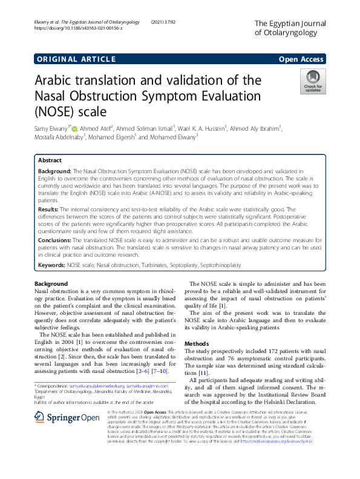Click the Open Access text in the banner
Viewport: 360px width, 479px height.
(301, 59)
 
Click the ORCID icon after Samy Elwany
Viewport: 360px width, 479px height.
(75, 128)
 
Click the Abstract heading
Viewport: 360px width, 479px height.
(50, 161)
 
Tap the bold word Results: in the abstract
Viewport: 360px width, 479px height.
(50, 209)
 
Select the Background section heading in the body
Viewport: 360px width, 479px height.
(51, 284)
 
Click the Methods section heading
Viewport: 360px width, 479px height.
(197, 343)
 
